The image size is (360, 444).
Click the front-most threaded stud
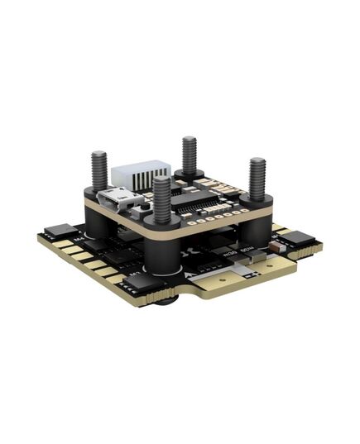click(x=162, y=198)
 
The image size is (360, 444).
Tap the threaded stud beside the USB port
click(x=100, y=169)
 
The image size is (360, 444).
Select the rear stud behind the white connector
click(x=190, y=155)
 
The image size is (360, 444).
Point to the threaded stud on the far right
click(x=257, y=178)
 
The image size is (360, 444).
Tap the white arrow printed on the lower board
click(x=192, y=270)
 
